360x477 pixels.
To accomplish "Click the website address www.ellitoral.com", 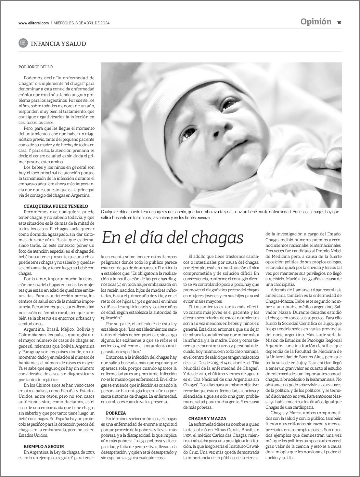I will [33, 23].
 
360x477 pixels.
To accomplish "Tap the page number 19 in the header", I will [339, 22].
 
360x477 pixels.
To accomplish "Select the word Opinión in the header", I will [315, 22].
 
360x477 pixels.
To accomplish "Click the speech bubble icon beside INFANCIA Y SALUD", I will [23, 43].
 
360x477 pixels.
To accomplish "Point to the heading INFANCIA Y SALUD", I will [58, 44].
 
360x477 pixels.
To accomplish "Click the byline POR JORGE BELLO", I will [36, 67].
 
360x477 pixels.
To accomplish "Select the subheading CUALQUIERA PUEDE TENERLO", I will [56, 206].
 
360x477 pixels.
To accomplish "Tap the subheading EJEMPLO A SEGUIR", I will [44, 446].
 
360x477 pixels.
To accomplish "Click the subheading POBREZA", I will [116, 413].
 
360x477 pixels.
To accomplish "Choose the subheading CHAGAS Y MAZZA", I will [207, 418].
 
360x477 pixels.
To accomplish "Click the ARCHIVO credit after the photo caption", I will [203, 218].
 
